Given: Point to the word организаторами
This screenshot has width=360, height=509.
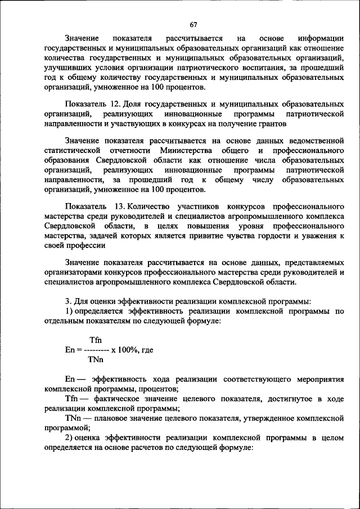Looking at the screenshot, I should coord(73,273).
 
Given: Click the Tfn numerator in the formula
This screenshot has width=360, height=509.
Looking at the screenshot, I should coord(95,340).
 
